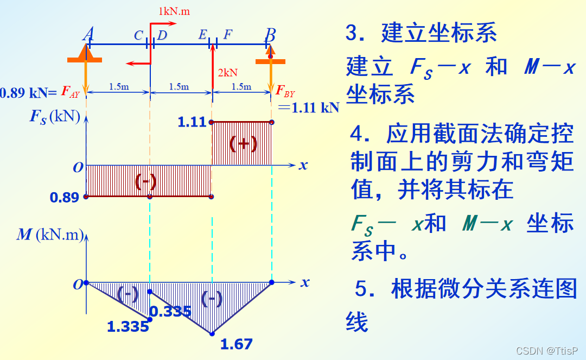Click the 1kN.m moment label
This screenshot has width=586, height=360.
pyautogui.click(x=174, y=11)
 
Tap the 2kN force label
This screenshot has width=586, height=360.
pyautogui.click(x=227, y=73)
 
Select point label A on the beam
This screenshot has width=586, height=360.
pyautogui.click(x=88, y=35)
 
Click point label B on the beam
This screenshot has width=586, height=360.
pyautogui.click(x=270, y=35)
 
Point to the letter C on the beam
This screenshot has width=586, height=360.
pyautogui.click(x=138, y=36)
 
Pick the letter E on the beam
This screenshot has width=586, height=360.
pyautogui.click(x=202, y=35)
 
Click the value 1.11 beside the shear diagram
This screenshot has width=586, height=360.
pyautogui.click(x=192, y=122)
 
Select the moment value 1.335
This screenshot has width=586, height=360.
pyautogui.click(x=128, y=327)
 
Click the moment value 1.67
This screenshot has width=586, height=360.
pyautogui.click(x=237, y=344)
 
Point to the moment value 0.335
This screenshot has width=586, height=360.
pyautogui.click(x=170, y=311)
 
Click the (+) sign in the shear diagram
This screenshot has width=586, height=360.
pyautogui.click(x=243, y=143)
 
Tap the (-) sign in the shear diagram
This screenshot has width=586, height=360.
pyautogui.click(x=145, y=181)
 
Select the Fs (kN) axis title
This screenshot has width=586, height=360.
pyautogui.click(x=54, y=117)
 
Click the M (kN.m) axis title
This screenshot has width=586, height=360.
pyautogui.click(x=50, y=235)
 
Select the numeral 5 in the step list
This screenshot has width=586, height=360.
pyautogui.click(x=362, y=289)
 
